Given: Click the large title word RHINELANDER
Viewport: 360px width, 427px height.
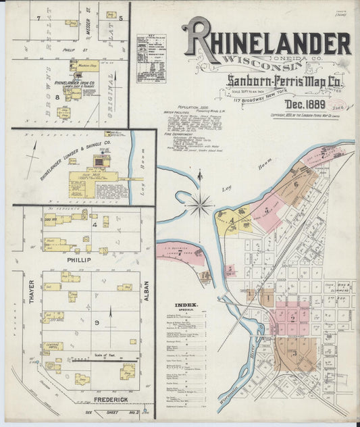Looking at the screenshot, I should pyautogui.click(x=266, y=42).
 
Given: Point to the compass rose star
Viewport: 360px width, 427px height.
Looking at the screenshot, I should pyautogui.click(x=200, y=204).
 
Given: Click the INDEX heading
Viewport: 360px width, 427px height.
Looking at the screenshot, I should pyautogui.click(x=186, y=305).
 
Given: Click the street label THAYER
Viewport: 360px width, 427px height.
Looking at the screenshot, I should pyautogui.click(x=31, y=298).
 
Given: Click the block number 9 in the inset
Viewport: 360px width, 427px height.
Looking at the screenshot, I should pyautogui.click(x=97, y=324).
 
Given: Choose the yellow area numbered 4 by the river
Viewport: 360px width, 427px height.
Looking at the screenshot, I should pyautogui.click(x=232, y=220).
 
